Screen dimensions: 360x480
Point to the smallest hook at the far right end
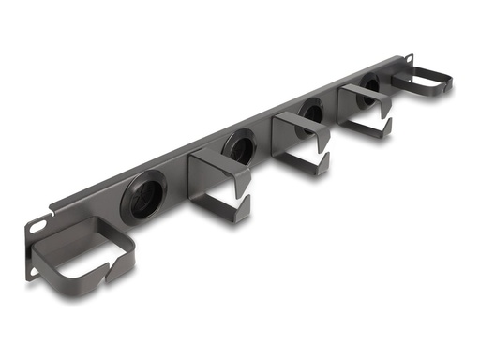[419, 80]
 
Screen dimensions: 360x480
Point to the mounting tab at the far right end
[445, 84]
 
